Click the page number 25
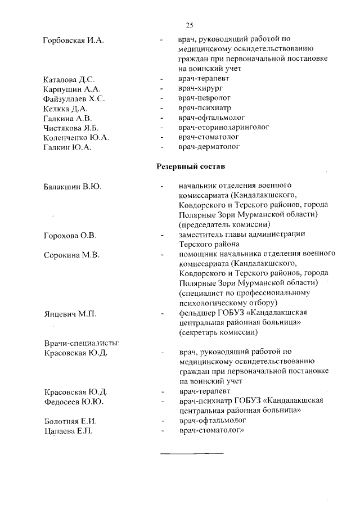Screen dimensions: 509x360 pyautogui.click(x=189, y=25)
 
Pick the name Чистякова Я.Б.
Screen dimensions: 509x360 pyautogui.click(x=70, y=128)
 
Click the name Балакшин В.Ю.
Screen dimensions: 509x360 pyautogui.click(x=72, y=187)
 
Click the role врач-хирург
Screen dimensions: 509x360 pyautogui.click(x=200, y=89)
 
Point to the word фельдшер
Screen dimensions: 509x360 pyautogui.click(x=196, y=313)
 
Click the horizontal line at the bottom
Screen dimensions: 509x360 pyautogui.click(x=192, y=453)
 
